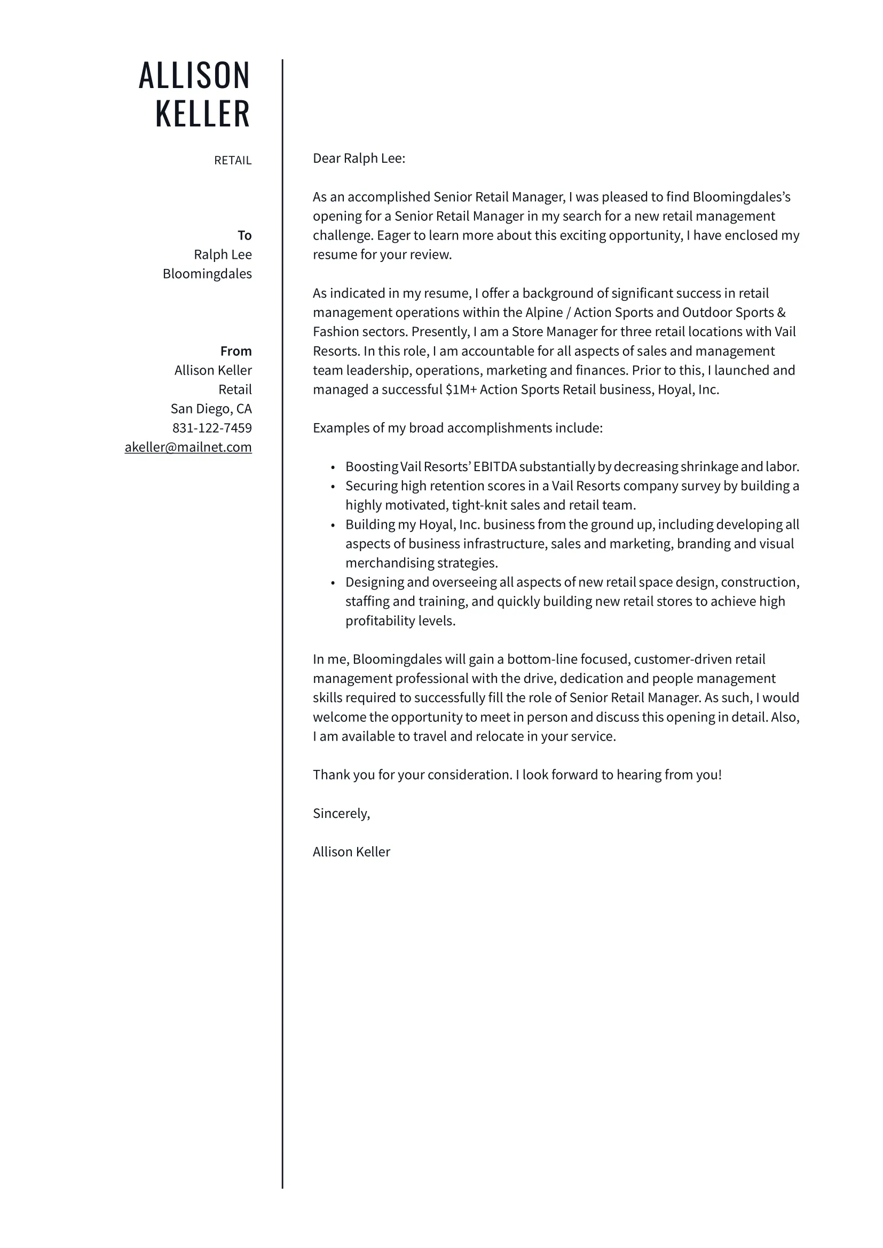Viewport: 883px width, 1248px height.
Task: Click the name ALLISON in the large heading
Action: click(x=194, y=76)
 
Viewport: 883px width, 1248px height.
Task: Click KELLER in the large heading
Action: click(x=202, y=114)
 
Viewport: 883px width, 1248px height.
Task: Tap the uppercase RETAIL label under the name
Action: click(x=233, y=161)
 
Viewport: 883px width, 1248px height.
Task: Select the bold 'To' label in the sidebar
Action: click(x=244, y=235)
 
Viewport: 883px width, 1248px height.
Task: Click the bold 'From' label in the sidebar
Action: click(x=236, y=351)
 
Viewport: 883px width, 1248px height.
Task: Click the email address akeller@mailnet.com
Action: click(x=188, y=447)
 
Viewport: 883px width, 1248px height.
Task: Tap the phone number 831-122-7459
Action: click(x=212, y=428)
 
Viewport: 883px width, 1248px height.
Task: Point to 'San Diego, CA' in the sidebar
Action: click(x=211, y=409)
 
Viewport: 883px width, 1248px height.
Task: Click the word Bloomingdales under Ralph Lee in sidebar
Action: click(x=207, y=274)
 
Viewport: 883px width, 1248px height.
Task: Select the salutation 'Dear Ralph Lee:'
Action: click(x=359, y=158)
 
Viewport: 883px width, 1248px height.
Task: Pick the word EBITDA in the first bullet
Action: click(x=494, y=467)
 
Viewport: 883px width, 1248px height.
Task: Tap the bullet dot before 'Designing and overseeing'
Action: click(x=333, y=583)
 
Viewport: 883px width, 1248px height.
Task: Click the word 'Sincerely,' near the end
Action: click(x=341, y=814)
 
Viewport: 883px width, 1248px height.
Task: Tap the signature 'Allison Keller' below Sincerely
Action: click(x=351, y=852)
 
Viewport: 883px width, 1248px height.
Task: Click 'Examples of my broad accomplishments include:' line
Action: click(x=458, y=428)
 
